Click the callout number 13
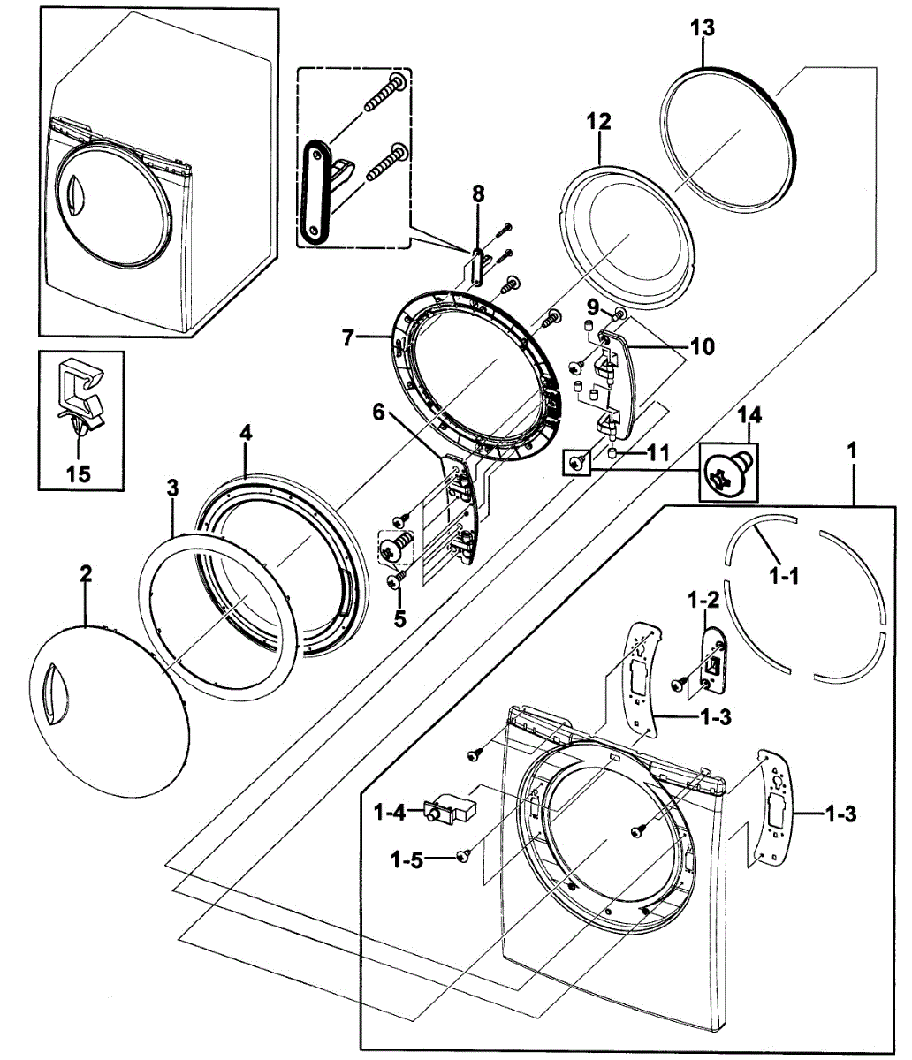701,27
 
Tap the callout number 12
598,122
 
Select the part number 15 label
79,473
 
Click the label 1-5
407,860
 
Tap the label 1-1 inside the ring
784,578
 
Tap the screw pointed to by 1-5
464,855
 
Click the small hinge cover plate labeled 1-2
713,660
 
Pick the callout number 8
478,194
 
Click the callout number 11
657,453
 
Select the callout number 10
703,346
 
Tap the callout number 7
348,338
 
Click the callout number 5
399,619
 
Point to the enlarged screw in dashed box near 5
394,546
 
